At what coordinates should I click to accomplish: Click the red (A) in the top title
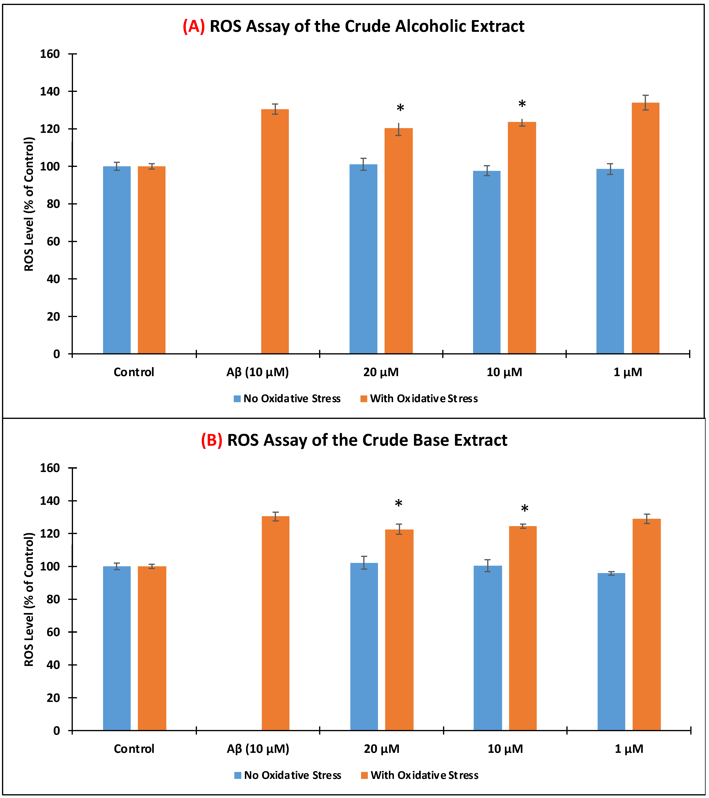(194, 26)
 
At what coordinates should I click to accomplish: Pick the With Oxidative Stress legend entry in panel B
(420, 775)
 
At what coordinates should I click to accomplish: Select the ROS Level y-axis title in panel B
(29, 599)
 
